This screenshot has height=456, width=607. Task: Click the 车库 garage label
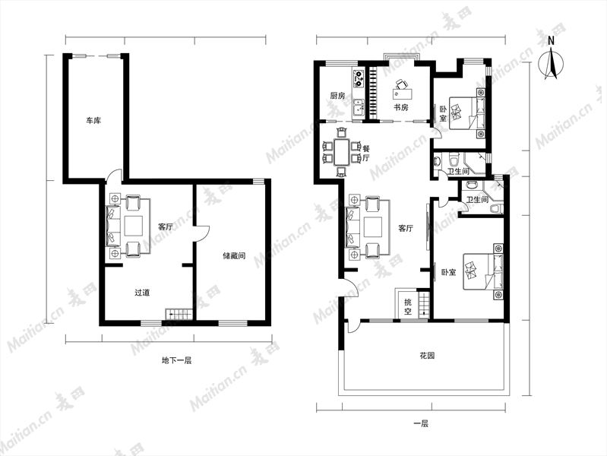pyautogui.click(x=93, y=121)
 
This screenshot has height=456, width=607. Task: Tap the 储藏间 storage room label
pyautogui.click(x=234, y=255)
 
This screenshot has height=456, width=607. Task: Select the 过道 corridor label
pyautogui.click(x=142, y=293)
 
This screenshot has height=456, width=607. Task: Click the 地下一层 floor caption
pyautogui.click(x=176, y=360)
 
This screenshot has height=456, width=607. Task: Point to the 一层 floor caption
pyautogui.click(x=421, y=423)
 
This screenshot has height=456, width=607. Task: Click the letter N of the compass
pyautogui.click(x=552, y=41)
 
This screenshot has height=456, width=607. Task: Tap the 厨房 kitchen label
pyautogui.click(x=337, y=95)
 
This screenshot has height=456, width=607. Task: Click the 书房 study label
pyautogui.click(x=401, y=107)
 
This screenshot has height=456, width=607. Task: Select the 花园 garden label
pyautogui.click(x=427, y=355)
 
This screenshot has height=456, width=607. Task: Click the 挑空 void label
pyautogui.click(x=408, y=306)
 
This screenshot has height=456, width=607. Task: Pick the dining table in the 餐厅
pyautogui.click(x=341, y=152)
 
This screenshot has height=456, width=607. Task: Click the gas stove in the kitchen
pyautogui.click(x=359, y=78)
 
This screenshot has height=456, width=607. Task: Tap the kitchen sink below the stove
pyautogui.click(x=359, y=107)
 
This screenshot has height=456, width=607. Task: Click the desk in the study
pyautogui.click(x=403, y=93)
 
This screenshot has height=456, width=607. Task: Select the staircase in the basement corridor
pyautogui.click(x=179, y=314)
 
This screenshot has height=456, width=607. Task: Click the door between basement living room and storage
pyautogui.click(x=202, y=233)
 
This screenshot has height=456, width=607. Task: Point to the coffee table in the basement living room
pyautogui.click(x=134, y=226)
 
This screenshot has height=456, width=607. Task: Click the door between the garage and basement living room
pyautogui.click(x=114, y=176)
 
